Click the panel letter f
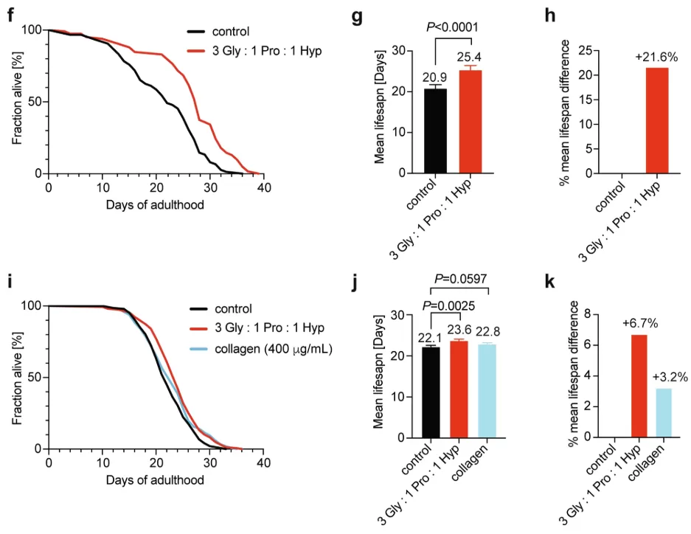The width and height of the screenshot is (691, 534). [x=10, y=14]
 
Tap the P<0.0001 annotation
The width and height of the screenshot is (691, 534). [x=453, y=27]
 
